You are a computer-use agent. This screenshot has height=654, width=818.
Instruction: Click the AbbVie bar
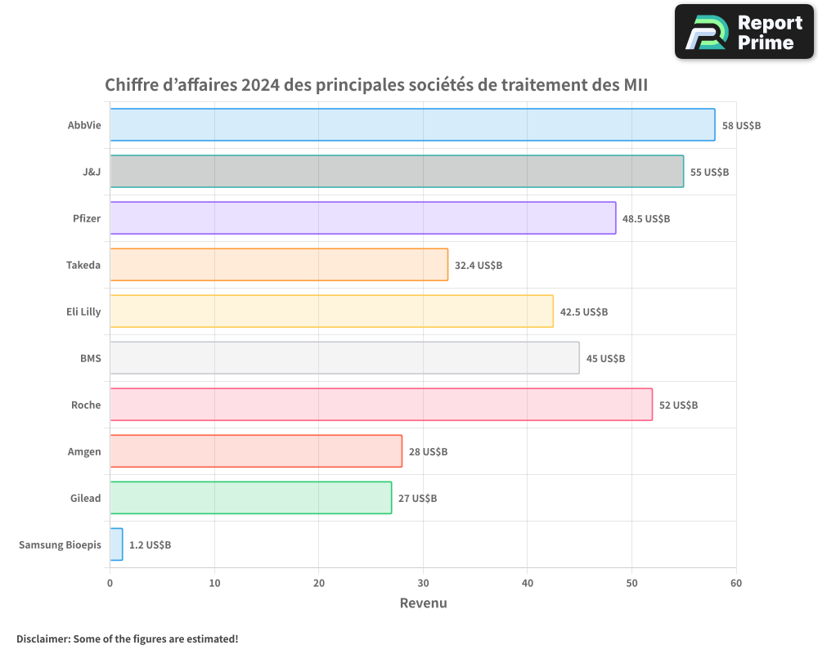[412, 125]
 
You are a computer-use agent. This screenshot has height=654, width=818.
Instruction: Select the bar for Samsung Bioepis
[116, 544]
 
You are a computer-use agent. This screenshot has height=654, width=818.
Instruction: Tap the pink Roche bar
[381, 405]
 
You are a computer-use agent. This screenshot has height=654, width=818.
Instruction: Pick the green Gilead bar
[250, 498]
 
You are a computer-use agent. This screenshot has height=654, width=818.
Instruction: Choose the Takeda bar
[279, 265]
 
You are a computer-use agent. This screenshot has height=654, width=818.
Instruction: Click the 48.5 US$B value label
[646, 219]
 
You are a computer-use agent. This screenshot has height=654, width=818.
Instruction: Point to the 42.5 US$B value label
[584, 312]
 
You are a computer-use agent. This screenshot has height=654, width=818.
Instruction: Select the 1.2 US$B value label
[150, 545]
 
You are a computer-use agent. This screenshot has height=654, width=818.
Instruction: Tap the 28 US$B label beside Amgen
[428, 452]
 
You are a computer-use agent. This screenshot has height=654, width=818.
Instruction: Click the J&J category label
[91, 172]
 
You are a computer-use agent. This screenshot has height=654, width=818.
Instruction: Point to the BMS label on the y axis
[90, 358]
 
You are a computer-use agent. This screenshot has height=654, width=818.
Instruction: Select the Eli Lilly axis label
[83, 311]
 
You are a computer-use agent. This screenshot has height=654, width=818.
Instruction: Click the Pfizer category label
[87, 218]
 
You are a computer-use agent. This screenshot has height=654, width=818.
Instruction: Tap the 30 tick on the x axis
[423, 584]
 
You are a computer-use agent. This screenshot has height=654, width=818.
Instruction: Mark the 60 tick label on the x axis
[736, 584]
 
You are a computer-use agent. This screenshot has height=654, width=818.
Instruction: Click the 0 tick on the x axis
[110, 584]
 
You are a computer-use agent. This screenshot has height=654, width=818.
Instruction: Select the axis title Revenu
[423, 603]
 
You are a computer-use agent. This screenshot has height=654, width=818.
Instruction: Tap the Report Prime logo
[744, 31]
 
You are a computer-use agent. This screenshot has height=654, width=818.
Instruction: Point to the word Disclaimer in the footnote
[43, 638]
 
